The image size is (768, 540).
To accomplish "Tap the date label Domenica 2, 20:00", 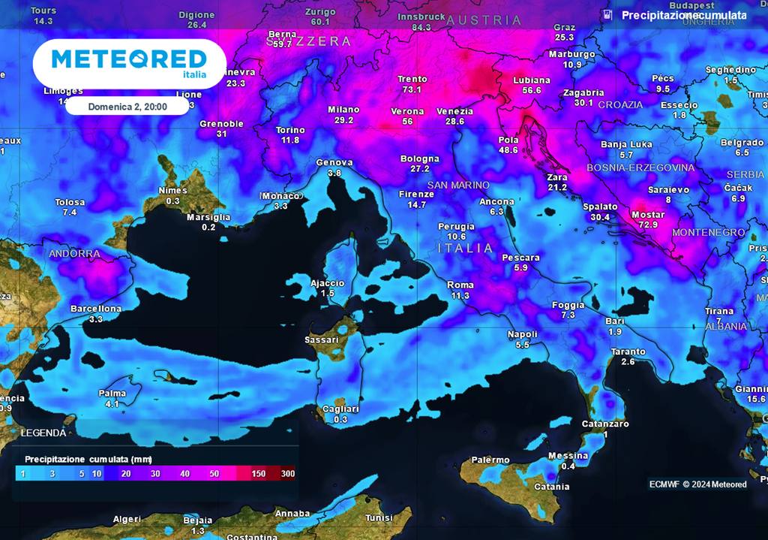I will [127, 107].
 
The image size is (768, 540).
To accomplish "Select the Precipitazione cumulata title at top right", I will [683, 15].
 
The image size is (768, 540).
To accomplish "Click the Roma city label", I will [460, 285].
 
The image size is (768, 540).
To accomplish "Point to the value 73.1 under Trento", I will [412, 89].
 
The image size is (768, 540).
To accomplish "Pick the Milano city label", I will [343, 110].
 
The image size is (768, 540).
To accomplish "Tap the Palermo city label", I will [490, 460].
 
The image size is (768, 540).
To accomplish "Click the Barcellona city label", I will [95, 309].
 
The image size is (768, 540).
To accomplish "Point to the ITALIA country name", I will [466, 248].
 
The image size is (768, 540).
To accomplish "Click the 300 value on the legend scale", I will [287, 474].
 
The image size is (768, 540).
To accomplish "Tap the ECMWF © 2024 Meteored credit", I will [697, 484].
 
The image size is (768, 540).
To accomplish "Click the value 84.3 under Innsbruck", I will [421, 27].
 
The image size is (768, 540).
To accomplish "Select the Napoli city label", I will [522, 334].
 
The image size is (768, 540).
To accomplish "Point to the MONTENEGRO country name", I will [708, 233].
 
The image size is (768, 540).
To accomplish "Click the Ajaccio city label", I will [328, 283].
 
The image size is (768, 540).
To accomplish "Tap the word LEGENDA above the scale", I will [43, 433].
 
